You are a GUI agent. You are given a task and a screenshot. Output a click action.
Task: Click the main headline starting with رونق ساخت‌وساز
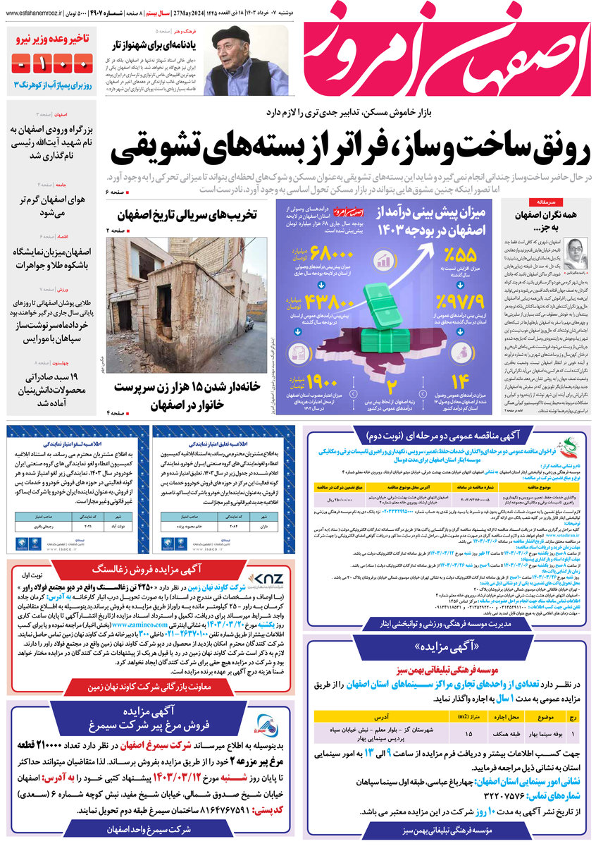pos(359,146)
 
